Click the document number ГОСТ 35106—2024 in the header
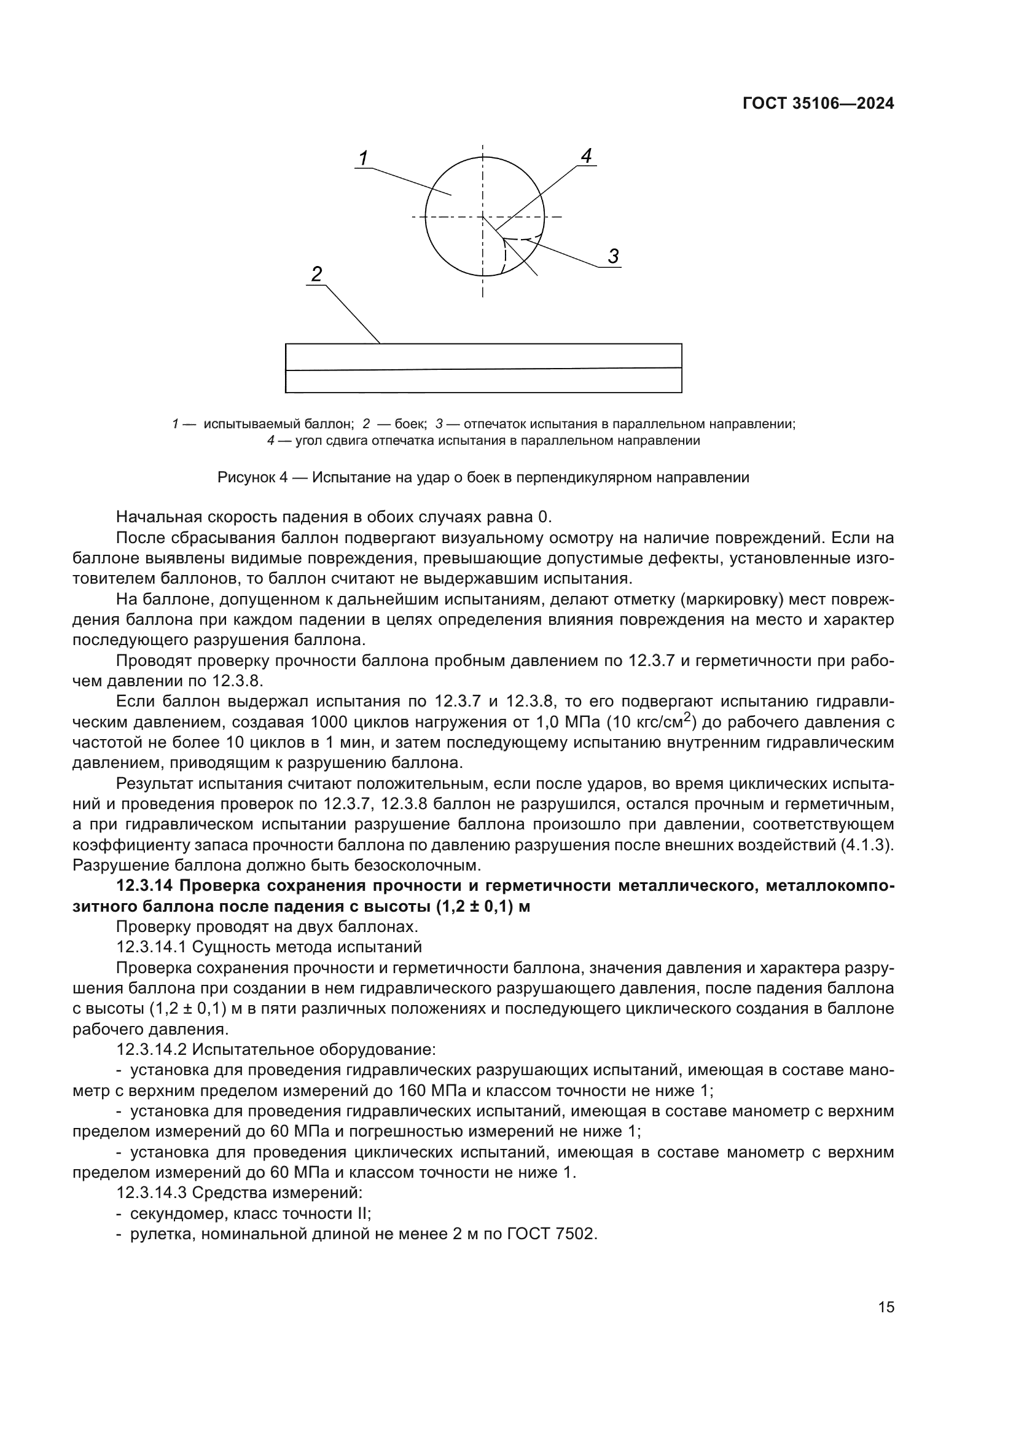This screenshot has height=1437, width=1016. (x=818, y=104)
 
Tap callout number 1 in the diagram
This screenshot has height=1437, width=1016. (x=364, y=159)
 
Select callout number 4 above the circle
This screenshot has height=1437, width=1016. (x=586, y=156)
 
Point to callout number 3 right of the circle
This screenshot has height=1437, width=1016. (x=613, y=256)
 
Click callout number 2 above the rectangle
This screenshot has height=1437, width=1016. (x=316, y=274)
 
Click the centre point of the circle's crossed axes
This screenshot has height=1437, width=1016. (x=482, y=216)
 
